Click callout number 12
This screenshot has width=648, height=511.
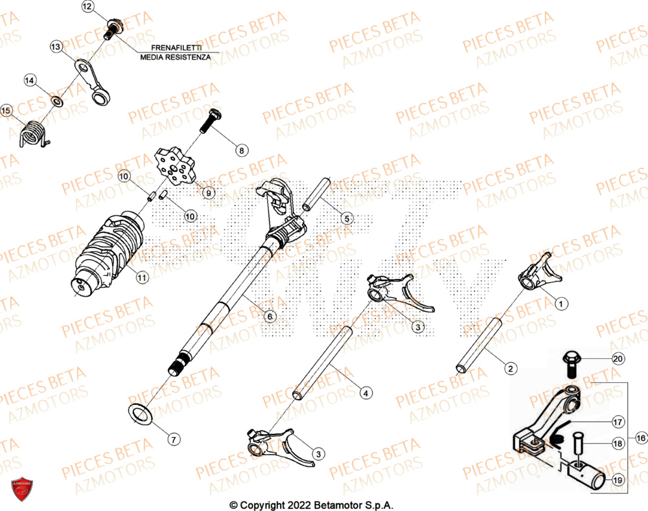87,8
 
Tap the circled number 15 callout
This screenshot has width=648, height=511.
7,111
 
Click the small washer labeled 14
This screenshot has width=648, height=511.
57,101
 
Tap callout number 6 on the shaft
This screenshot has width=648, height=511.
270,316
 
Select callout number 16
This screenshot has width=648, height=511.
641,438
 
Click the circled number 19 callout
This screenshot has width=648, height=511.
617,480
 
